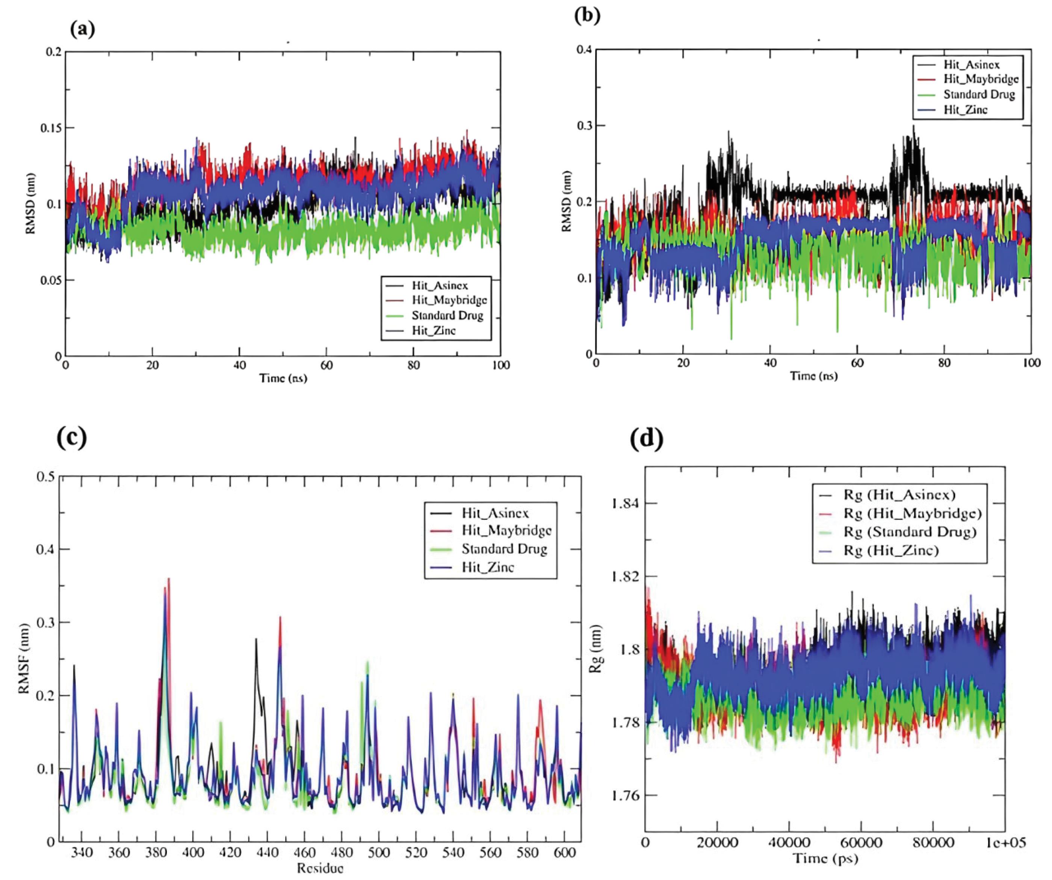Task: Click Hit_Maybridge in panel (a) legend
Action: [x=449, y=300]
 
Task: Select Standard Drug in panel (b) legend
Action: [x=979, y=95]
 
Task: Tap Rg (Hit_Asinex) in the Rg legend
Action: [x=899, y=495]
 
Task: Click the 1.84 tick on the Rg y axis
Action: [x=626, y=503]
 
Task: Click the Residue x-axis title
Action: [x=320, y=868]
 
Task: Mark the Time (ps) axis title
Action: [x=825, y=859]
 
